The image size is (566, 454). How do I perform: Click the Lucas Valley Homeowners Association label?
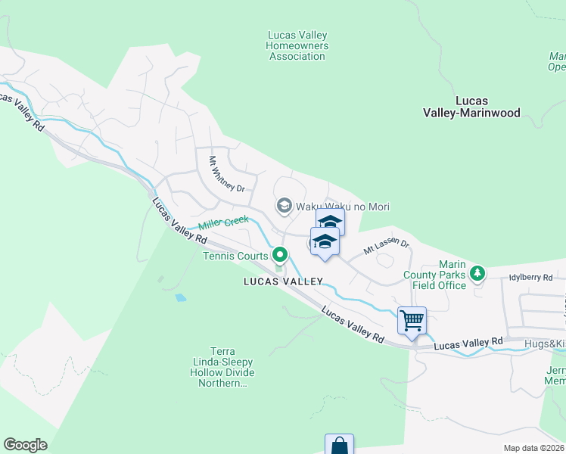pos(297,45)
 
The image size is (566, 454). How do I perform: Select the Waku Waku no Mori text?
pos(342,207)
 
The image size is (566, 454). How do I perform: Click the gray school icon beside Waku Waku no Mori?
pos(284,206)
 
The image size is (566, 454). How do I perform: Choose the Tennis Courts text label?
pos(235,256)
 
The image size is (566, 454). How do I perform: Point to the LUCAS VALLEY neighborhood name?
pos(283,281)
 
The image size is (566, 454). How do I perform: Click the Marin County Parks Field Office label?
pos(440,275)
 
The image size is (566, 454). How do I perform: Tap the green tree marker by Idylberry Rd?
pos(477,272)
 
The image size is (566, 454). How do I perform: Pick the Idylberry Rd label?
pos(531,278)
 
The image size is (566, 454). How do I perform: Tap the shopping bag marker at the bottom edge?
pos(339,445)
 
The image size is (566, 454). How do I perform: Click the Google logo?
pos(25,445)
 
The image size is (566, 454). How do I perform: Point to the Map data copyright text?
pos(533,448)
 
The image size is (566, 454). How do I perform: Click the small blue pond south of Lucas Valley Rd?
pos(180,297)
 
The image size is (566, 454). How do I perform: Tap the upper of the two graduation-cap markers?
pos(330,222)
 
